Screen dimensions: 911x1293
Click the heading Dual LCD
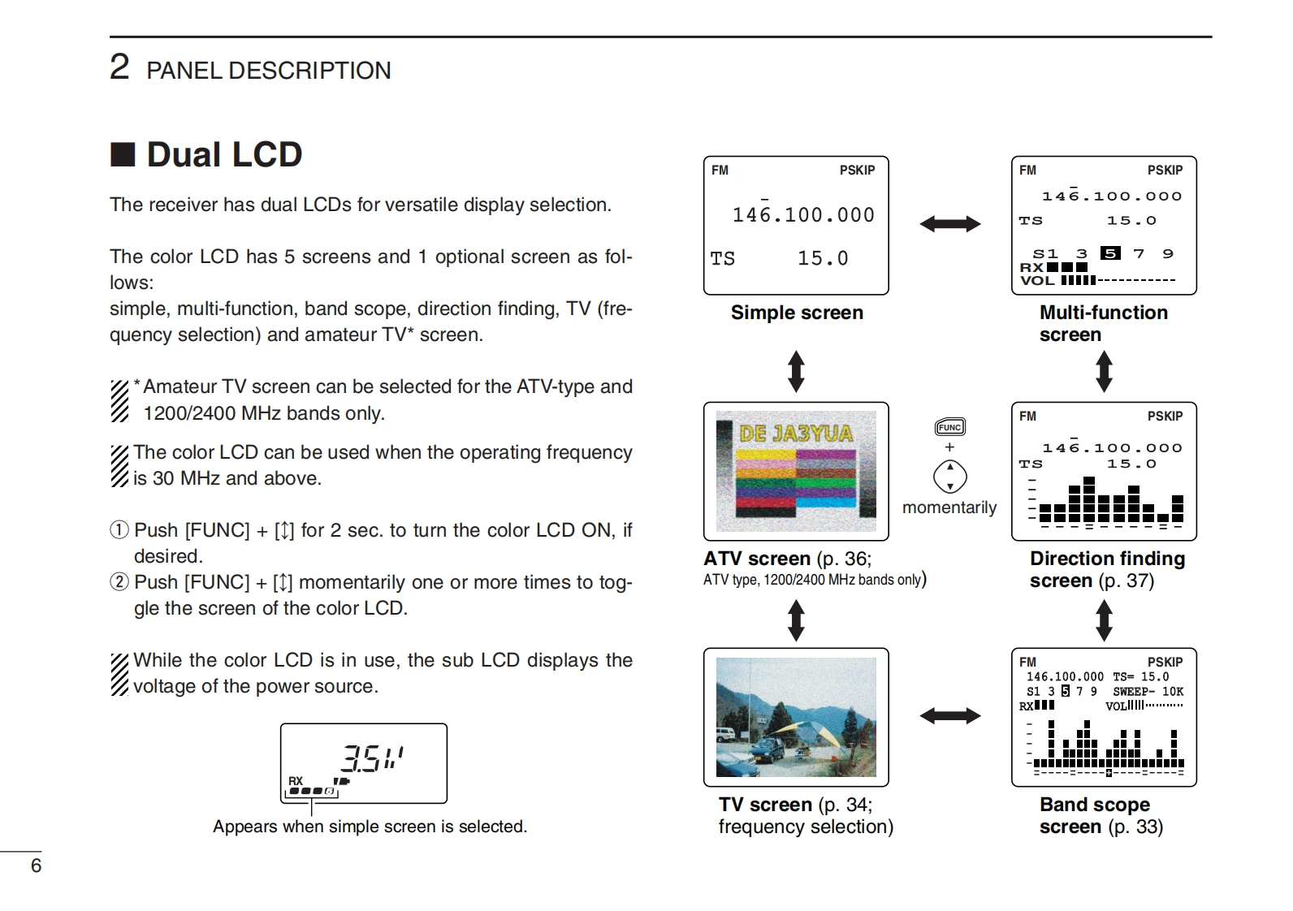[223, 154]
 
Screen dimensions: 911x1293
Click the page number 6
[36, 866]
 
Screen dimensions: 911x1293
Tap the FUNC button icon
[949, 427]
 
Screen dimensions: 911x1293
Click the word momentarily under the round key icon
[949, 507]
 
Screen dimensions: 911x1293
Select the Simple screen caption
[797, 313]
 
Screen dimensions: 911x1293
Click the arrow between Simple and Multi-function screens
[949, 224]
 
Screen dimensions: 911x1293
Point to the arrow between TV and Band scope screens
[949, 715]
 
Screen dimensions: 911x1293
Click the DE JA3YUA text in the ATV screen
[796, 433]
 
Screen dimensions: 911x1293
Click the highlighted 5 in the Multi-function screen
[1110, 253]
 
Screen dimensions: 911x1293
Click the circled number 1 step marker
[119, 530]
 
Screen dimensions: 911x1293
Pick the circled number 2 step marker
[119, 582]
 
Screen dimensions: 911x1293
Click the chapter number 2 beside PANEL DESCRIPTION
[119, 67]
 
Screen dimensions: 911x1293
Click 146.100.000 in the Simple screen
[803, 215]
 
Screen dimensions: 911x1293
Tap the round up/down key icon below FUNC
[949, 477]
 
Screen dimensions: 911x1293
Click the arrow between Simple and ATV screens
[796, 371]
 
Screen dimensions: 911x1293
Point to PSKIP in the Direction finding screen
[1165, 417]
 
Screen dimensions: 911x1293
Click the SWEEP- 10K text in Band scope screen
[1148, 692]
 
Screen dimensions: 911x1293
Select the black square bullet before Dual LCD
[123, 154]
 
